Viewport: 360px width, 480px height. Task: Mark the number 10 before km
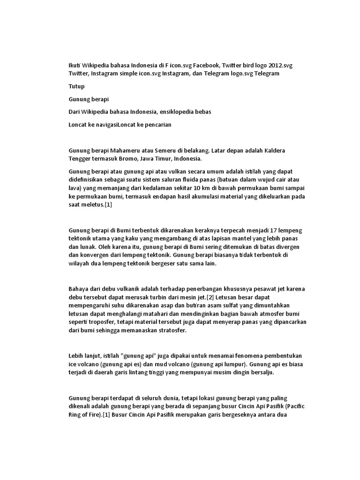click(x=188, y=188)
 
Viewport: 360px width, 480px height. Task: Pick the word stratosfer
click(x=168, y=330)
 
